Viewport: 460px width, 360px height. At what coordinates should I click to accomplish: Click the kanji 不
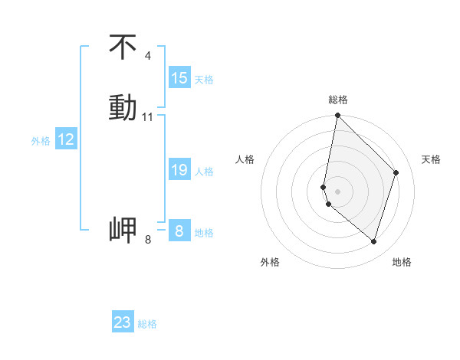tap(123, 47)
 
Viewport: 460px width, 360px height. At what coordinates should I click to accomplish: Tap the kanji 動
tap(123, 107)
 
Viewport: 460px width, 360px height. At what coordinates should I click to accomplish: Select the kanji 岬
tap(123, 230)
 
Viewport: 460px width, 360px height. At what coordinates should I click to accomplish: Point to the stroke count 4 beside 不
tap(147, 56)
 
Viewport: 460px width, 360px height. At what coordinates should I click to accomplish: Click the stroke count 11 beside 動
tap(148, 117)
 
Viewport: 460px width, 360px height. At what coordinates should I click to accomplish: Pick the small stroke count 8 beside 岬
tap(148, 240)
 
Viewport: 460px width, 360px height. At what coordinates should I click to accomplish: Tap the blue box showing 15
tap(179, 78)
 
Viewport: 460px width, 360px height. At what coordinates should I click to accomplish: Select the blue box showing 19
tap(179, 170)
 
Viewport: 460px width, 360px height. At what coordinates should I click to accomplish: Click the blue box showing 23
tap(123, 322)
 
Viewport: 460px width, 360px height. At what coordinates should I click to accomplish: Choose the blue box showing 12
tap(66, 139)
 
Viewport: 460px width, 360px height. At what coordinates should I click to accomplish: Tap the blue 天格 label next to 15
tap(204, 80)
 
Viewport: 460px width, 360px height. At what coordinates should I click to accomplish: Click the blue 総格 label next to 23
tap(147, 324)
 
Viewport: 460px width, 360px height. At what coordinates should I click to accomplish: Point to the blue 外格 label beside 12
tap(41, 141)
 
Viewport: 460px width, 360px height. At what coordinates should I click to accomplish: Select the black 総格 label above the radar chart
tap(338, 100)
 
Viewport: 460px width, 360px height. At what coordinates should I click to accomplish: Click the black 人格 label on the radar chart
tap(245, 159)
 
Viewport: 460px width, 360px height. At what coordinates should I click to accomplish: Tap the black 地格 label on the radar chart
tap(402, 262)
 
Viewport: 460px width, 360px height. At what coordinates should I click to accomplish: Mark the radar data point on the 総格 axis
tap(337, 116)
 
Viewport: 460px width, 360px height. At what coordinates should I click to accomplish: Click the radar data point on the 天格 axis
tap(396, 172)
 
